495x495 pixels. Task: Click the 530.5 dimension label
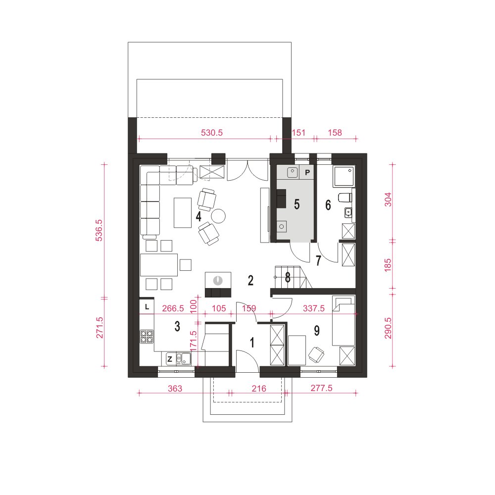click(212, 133)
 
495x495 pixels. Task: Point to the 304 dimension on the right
click(388, 199)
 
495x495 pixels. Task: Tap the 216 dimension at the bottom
click(259, 388)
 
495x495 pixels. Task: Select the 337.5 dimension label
click(313, 308)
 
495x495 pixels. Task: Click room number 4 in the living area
click(198, 217)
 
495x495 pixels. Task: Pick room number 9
click(317, 331)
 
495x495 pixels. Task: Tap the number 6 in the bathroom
click(328, 205)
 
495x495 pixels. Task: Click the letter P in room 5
click(307, 172)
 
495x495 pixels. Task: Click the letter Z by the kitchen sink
click(169, 359)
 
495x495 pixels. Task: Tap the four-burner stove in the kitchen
click(147, 337)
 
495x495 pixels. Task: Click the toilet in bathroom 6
click(345, 198)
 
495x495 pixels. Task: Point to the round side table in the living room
click(218, 216)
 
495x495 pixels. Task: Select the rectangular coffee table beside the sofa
click(183, 212)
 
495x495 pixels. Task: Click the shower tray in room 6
click(344, 176)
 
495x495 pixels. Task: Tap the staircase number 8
click(288, 278)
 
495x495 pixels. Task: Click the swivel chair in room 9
click(316, 354)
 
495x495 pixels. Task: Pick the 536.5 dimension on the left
click(99, 231)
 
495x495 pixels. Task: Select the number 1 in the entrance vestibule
click(252, 343)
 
